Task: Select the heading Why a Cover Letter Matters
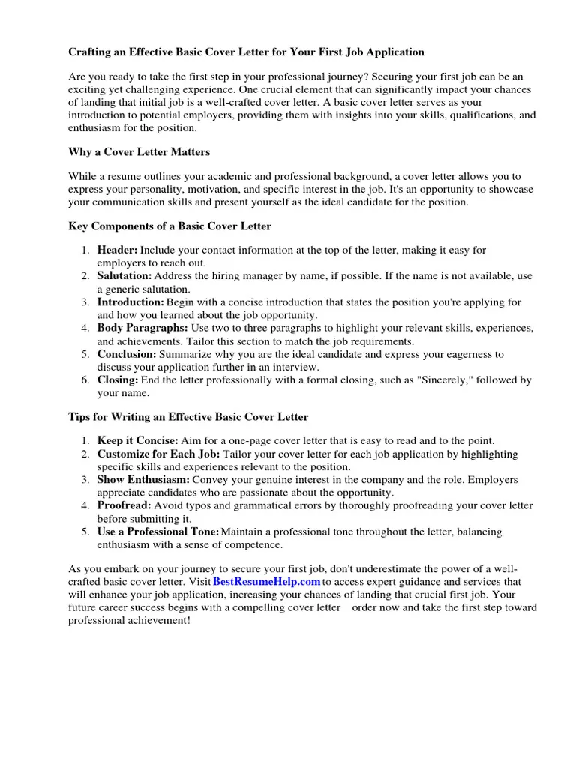tap(139, 152)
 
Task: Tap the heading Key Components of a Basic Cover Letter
tap(170, 226)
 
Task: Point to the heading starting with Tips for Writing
tap(188, 416)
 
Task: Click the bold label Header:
tap(117, 250)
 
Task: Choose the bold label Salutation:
tap(124, 276)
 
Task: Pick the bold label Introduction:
tap(130, 302)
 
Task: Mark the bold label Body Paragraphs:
tap(142, 328)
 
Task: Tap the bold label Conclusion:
tap(127, 354)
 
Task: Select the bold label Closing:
tap(118, 380)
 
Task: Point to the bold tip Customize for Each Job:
tap(158, 454)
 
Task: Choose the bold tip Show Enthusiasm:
tap(143, 479)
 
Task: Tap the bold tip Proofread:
tap(124, 505)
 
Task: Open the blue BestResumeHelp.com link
tap(266, 582)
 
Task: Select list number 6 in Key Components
tap(86, 380)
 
